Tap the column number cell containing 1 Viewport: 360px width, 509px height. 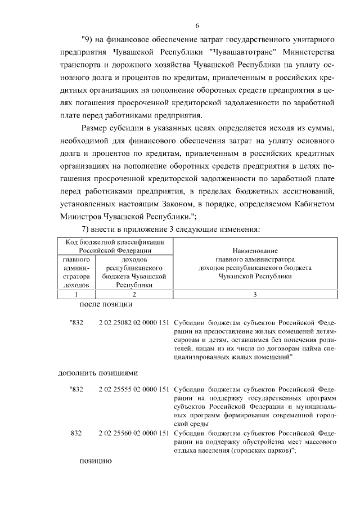point(76,294)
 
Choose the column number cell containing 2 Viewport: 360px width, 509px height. point(134,294)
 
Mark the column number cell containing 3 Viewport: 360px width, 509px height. point(255,294)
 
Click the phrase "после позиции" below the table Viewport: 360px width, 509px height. point(106,304)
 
